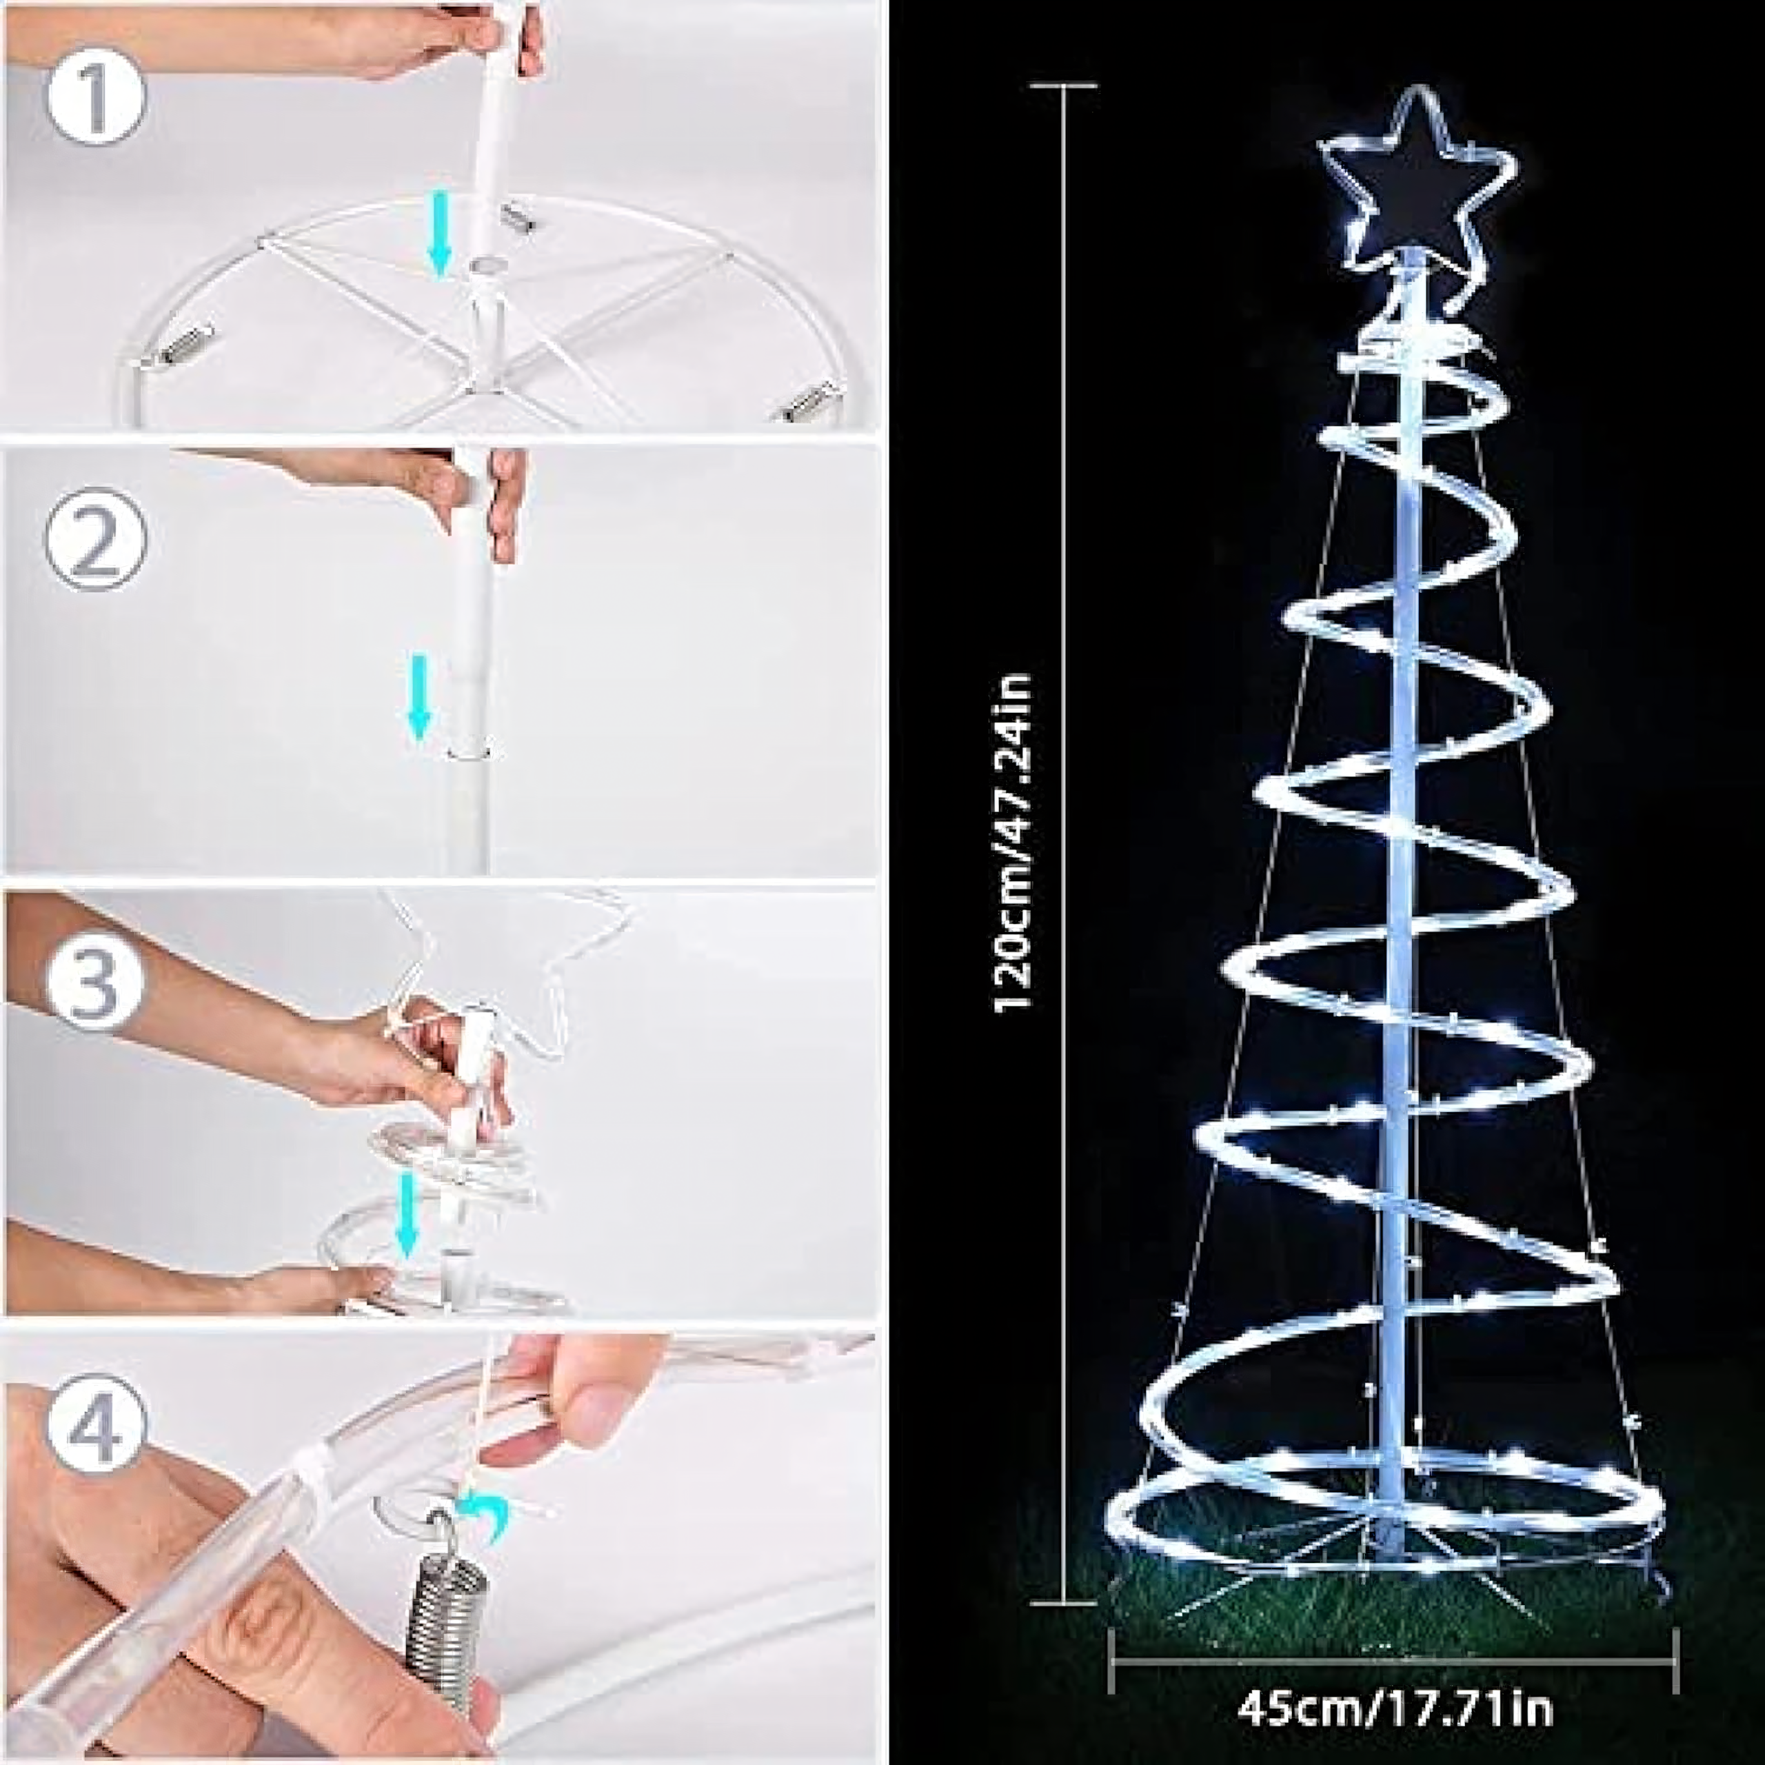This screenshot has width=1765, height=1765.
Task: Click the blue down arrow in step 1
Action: coord(441,232)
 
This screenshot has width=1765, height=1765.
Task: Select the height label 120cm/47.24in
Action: coord(1014,841)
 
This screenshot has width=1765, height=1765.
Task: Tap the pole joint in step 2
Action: coord(470,752)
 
